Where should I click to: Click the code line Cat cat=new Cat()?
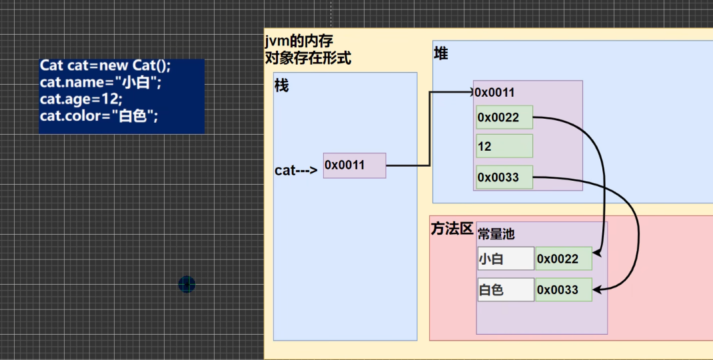(x=105, y=66)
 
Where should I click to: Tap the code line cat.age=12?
(x=81, y=99)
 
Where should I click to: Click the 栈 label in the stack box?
(x=282, y=86)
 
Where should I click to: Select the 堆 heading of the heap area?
(x=440, y=54)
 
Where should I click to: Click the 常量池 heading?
(x=496, y=235)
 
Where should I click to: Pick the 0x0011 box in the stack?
(x=355, y=165)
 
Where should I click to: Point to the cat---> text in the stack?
(x=296, y=170)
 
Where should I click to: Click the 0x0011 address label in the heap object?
(x=494, y=93)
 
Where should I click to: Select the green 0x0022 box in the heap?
(x=504, y=118)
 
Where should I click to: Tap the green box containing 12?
(x=504, y=146)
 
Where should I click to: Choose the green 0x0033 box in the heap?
(x=504, y=177)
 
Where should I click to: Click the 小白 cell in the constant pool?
(x=506, y=259)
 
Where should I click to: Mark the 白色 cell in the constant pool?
(x=506, y=290)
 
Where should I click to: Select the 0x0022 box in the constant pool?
(x=564, y=259)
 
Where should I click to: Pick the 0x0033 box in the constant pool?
(x=564, y=290)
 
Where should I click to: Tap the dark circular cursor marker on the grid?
(x=187, y=285)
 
